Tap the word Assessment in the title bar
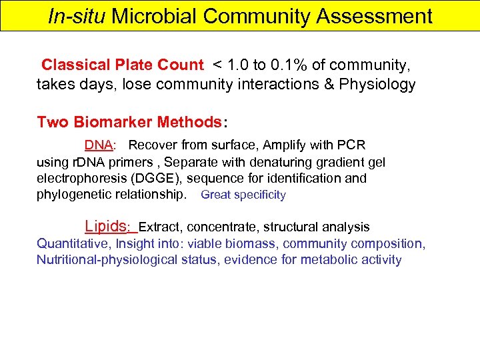tap(374, 16)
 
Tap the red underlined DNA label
tap(98, 145)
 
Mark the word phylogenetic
tap(74, 195)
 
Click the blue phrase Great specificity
tap(243, 195)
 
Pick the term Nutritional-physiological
tap(107, 260)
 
